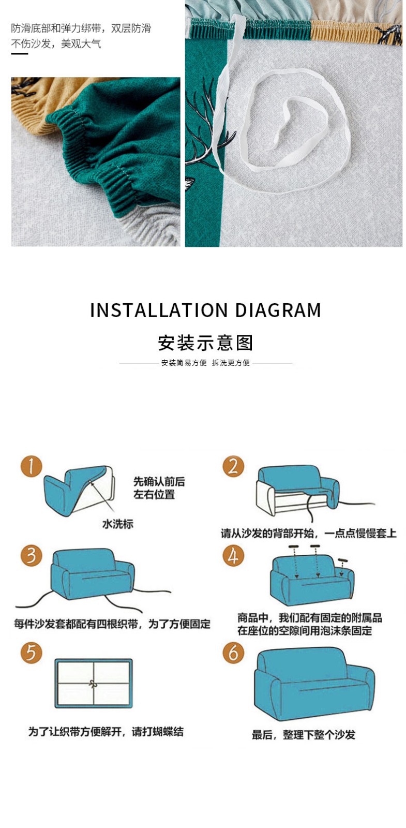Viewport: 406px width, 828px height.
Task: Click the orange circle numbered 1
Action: coord(32,466)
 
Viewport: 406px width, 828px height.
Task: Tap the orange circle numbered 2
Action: coord(233,466)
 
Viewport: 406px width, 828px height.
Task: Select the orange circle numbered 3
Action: coord(32,556)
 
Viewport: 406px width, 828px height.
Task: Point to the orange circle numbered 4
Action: coord(233,556)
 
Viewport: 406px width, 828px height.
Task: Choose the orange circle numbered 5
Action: coord(32,653)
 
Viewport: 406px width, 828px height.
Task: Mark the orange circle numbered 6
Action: coord(233,653)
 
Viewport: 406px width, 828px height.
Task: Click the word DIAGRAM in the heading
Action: coord(278,310)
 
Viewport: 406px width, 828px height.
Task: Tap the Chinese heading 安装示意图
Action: coord(205,343)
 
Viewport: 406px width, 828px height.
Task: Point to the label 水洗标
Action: coord(117,524)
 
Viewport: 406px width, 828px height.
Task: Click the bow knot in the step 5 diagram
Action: coord(93,684)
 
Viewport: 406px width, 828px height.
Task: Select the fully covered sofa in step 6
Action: coord(314,684)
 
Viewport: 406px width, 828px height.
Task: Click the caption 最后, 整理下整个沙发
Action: coord(303,734)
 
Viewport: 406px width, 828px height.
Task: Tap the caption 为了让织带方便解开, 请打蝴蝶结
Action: coord(106,732)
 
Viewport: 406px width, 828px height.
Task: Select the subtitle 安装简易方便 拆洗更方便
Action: coord(205,363)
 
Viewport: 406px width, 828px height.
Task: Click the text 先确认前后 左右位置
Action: coord(159,488)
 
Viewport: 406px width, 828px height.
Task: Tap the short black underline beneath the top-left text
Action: coord(20,54)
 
